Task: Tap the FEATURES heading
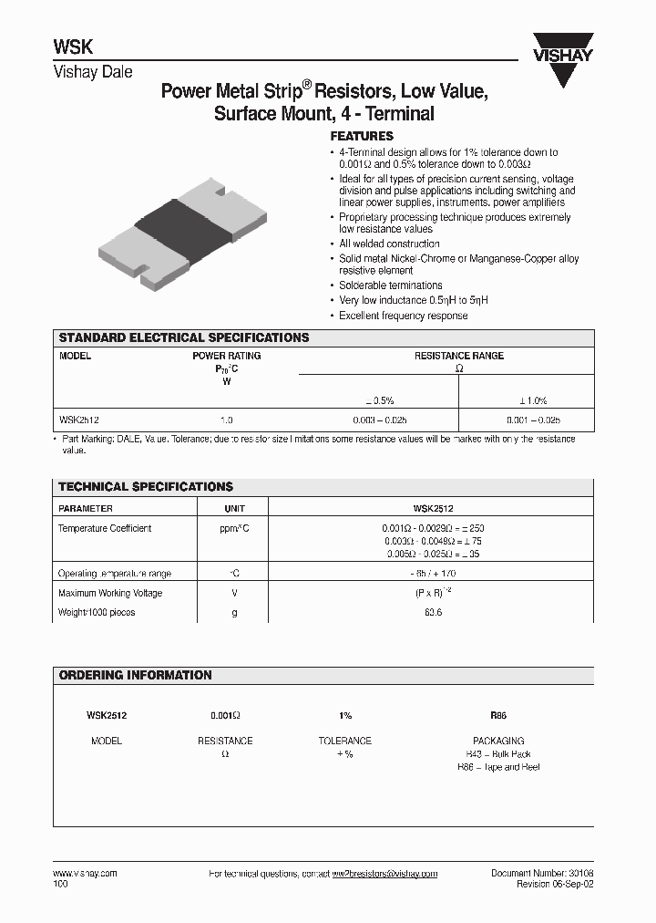pos(362,136)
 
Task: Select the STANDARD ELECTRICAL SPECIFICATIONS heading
pos(184,337)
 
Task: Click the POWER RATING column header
pos(226,357)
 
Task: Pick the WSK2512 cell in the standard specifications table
pos(79,420)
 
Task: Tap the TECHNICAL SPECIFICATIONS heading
pos(146,487)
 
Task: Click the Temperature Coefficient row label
pos(105,529)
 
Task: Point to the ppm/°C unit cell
pos(234,529)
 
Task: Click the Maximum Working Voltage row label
pos(110,593)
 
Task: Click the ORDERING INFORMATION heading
pos(135,676)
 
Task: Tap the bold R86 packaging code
pos(498,717)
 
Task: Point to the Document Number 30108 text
pos(542,874)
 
